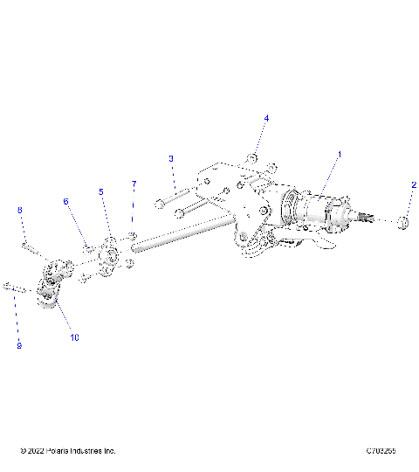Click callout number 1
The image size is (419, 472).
point(340,154)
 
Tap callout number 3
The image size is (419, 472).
point(171,158)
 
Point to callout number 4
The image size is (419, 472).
point(266,118)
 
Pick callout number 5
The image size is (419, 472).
point(100,191)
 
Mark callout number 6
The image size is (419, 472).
point(65,202)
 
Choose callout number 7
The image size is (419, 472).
point(134,184)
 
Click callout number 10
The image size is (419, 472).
point(74,337)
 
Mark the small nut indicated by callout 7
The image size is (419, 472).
point(132,235)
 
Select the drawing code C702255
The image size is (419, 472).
point(381,451)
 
